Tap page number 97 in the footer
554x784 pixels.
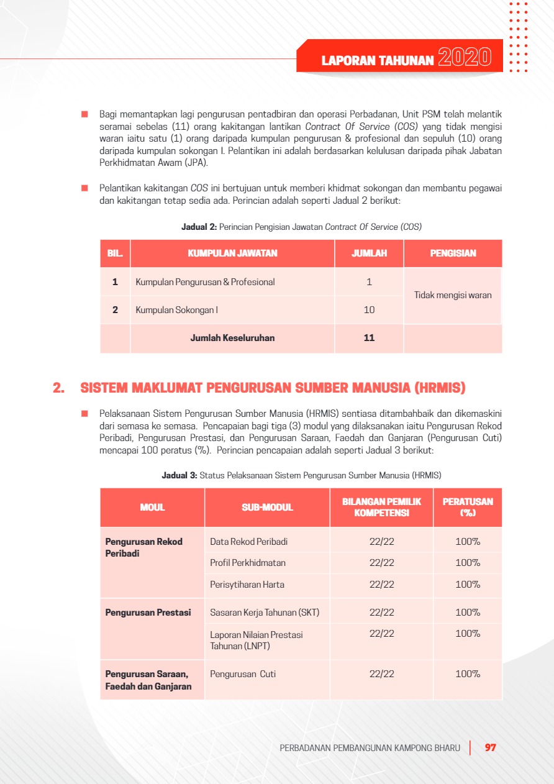(491, 748)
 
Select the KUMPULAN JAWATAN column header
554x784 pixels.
(232, 253)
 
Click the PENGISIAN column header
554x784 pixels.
(453, 253)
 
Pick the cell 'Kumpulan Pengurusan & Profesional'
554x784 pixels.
(205, 282)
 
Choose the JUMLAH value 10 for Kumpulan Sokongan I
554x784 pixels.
(369, 309)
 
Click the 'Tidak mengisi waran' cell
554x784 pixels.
(453, 295)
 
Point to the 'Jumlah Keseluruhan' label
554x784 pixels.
(232, 338)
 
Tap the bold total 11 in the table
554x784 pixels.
(369, 338)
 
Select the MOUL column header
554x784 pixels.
(152, 508)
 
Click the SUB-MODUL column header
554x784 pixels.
(267, 508)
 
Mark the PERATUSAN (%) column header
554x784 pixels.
(468, 508)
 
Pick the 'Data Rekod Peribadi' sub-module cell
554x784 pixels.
(248, 542)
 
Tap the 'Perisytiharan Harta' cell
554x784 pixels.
(247, 585)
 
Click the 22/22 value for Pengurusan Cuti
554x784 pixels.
(381, 674)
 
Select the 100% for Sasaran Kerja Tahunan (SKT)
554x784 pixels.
(468, 613)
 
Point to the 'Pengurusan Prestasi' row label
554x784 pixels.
(148, 613)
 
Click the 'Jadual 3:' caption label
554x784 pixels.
(179, 475)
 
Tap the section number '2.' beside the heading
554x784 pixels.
(59, 388)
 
